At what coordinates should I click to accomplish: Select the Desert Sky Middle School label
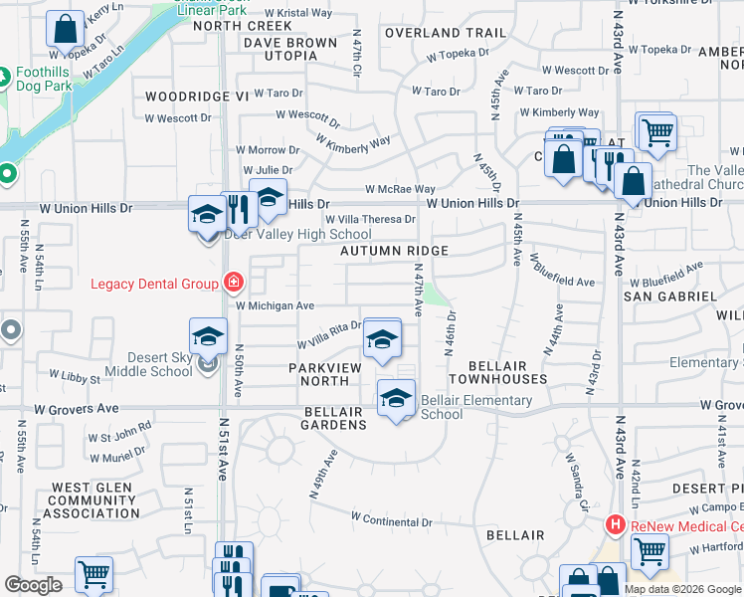pyautogui.click(x=146, y=364)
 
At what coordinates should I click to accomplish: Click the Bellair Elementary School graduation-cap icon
pyautogui.click(x=396, y=399)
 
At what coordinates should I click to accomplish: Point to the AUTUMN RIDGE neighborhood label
pyautogui.click(x=395, y=252)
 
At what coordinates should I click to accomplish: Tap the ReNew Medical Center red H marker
pyautogui.click(x=616, y=524)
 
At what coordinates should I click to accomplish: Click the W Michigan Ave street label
pyautogui.click(x=275, y=306)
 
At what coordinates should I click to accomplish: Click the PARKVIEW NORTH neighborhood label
pyautogui.click(x=332, y=374)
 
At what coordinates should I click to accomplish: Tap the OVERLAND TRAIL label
pyautogui.click(x=447, y=33)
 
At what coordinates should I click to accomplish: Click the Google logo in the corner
pyautogui.click(x=33, y=585)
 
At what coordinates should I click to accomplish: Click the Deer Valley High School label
pyautogui.click(x=284, y=235)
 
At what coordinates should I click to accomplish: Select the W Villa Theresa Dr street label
pyautogui.click(x=370, y=220)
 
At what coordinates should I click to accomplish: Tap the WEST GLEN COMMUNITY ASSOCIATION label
pyautogui.click(x=83, y=500)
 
